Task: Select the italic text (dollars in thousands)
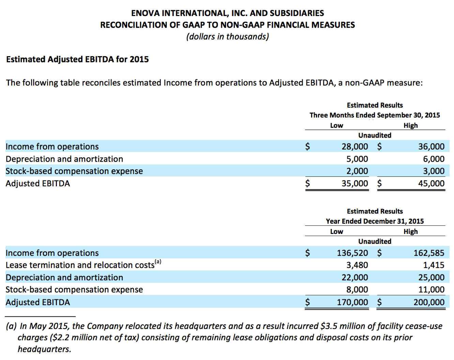click(227, 36)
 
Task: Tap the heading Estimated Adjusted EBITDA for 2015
click(77, 59)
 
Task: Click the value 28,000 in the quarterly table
click(354, 146)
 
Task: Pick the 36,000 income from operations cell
click(431, 146)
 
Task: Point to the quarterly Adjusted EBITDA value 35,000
click(354, 183)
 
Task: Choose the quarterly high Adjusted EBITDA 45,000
click(431, 183)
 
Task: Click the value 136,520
click(352, 253)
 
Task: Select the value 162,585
click(429, 253)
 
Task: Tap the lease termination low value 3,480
click(357, 265)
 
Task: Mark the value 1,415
click(434, 265)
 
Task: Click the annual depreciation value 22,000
click(354, 277)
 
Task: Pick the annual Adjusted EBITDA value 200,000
click(429, 302)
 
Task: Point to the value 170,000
click(352, 302)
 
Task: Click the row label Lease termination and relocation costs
click(80, 265)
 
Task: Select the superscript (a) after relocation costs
click(158, 262)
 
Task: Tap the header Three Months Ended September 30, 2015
click(375, 115)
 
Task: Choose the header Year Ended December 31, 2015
click(375, 221)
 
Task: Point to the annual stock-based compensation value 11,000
click(431, 289)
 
